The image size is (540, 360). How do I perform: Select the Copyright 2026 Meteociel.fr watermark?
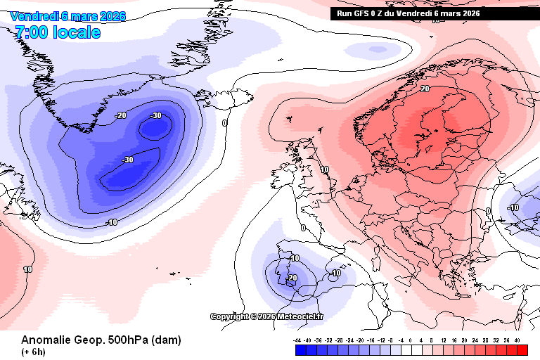click(267, 316)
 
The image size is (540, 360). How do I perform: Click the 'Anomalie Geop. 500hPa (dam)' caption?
click(101, 340)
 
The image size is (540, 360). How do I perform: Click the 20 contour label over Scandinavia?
click(425, 89)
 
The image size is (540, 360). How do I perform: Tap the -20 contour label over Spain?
click(292, 278)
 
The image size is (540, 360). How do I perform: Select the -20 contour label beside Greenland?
click(121, 115)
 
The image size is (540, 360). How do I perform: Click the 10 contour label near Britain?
click(324, 169)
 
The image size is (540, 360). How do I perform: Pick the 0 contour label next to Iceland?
click(225, 123)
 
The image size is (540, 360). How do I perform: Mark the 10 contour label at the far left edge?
click(28, 269)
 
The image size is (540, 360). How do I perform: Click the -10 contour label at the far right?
click(513, 207)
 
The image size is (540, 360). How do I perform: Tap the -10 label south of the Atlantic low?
click(111, 223)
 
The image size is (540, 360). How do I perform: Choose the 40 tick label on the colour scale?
click(517, 340)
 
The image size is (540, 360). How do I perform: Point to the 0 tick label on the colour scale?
click(411, 340)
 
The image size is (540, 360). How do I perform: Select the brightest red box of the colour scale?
click(522, 349)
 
